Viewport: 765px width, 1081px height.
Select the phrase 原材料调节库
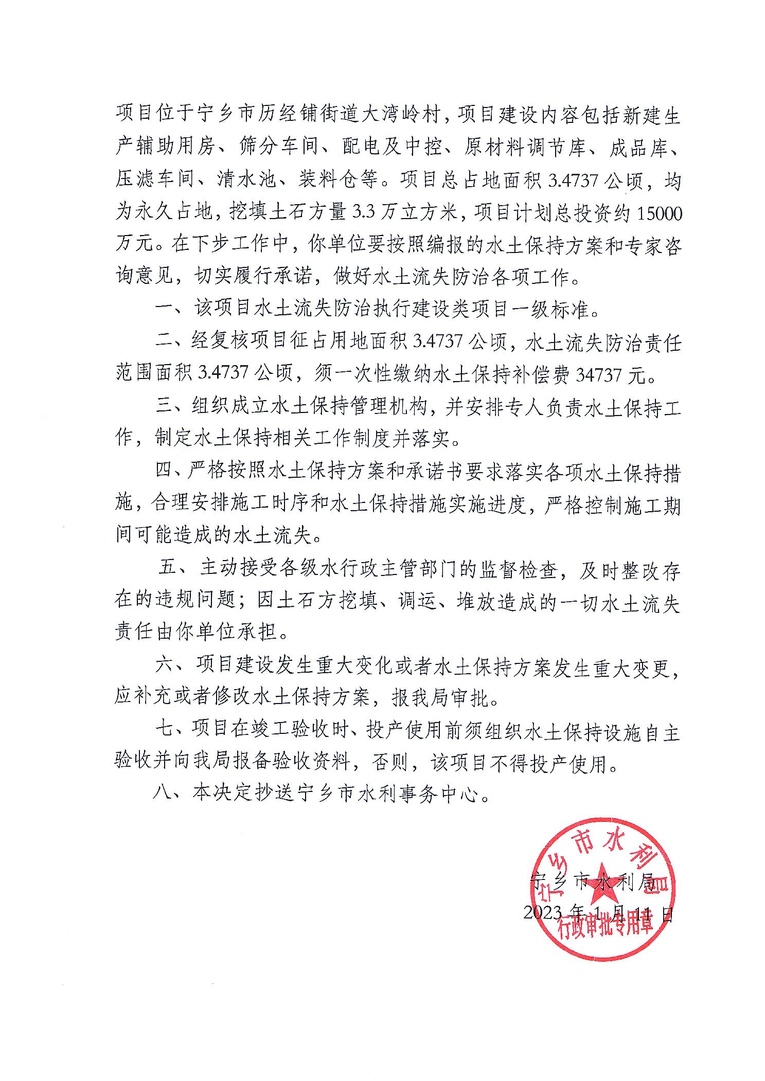(x=524, y=148)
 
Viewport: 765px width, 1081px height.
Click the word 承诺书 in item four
(x=422, y=473)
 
